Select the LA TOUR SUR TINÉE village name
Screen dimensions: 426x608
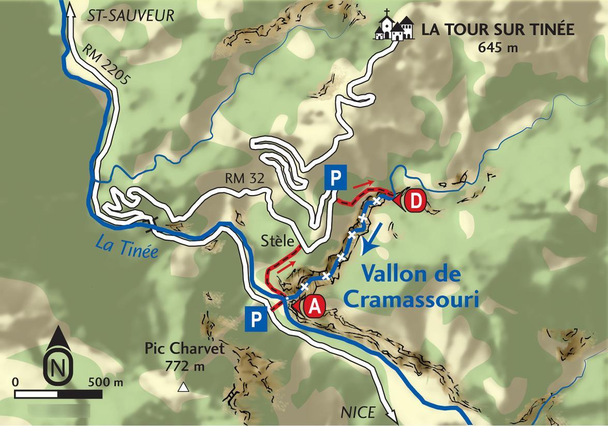pos(498,29)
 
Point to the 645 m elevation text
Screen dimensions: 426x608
pos(498,48)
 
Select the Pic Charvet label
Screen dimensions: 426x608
pos(185,348)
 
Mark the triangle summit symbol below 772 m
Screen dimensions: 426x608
pos(183,387)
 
